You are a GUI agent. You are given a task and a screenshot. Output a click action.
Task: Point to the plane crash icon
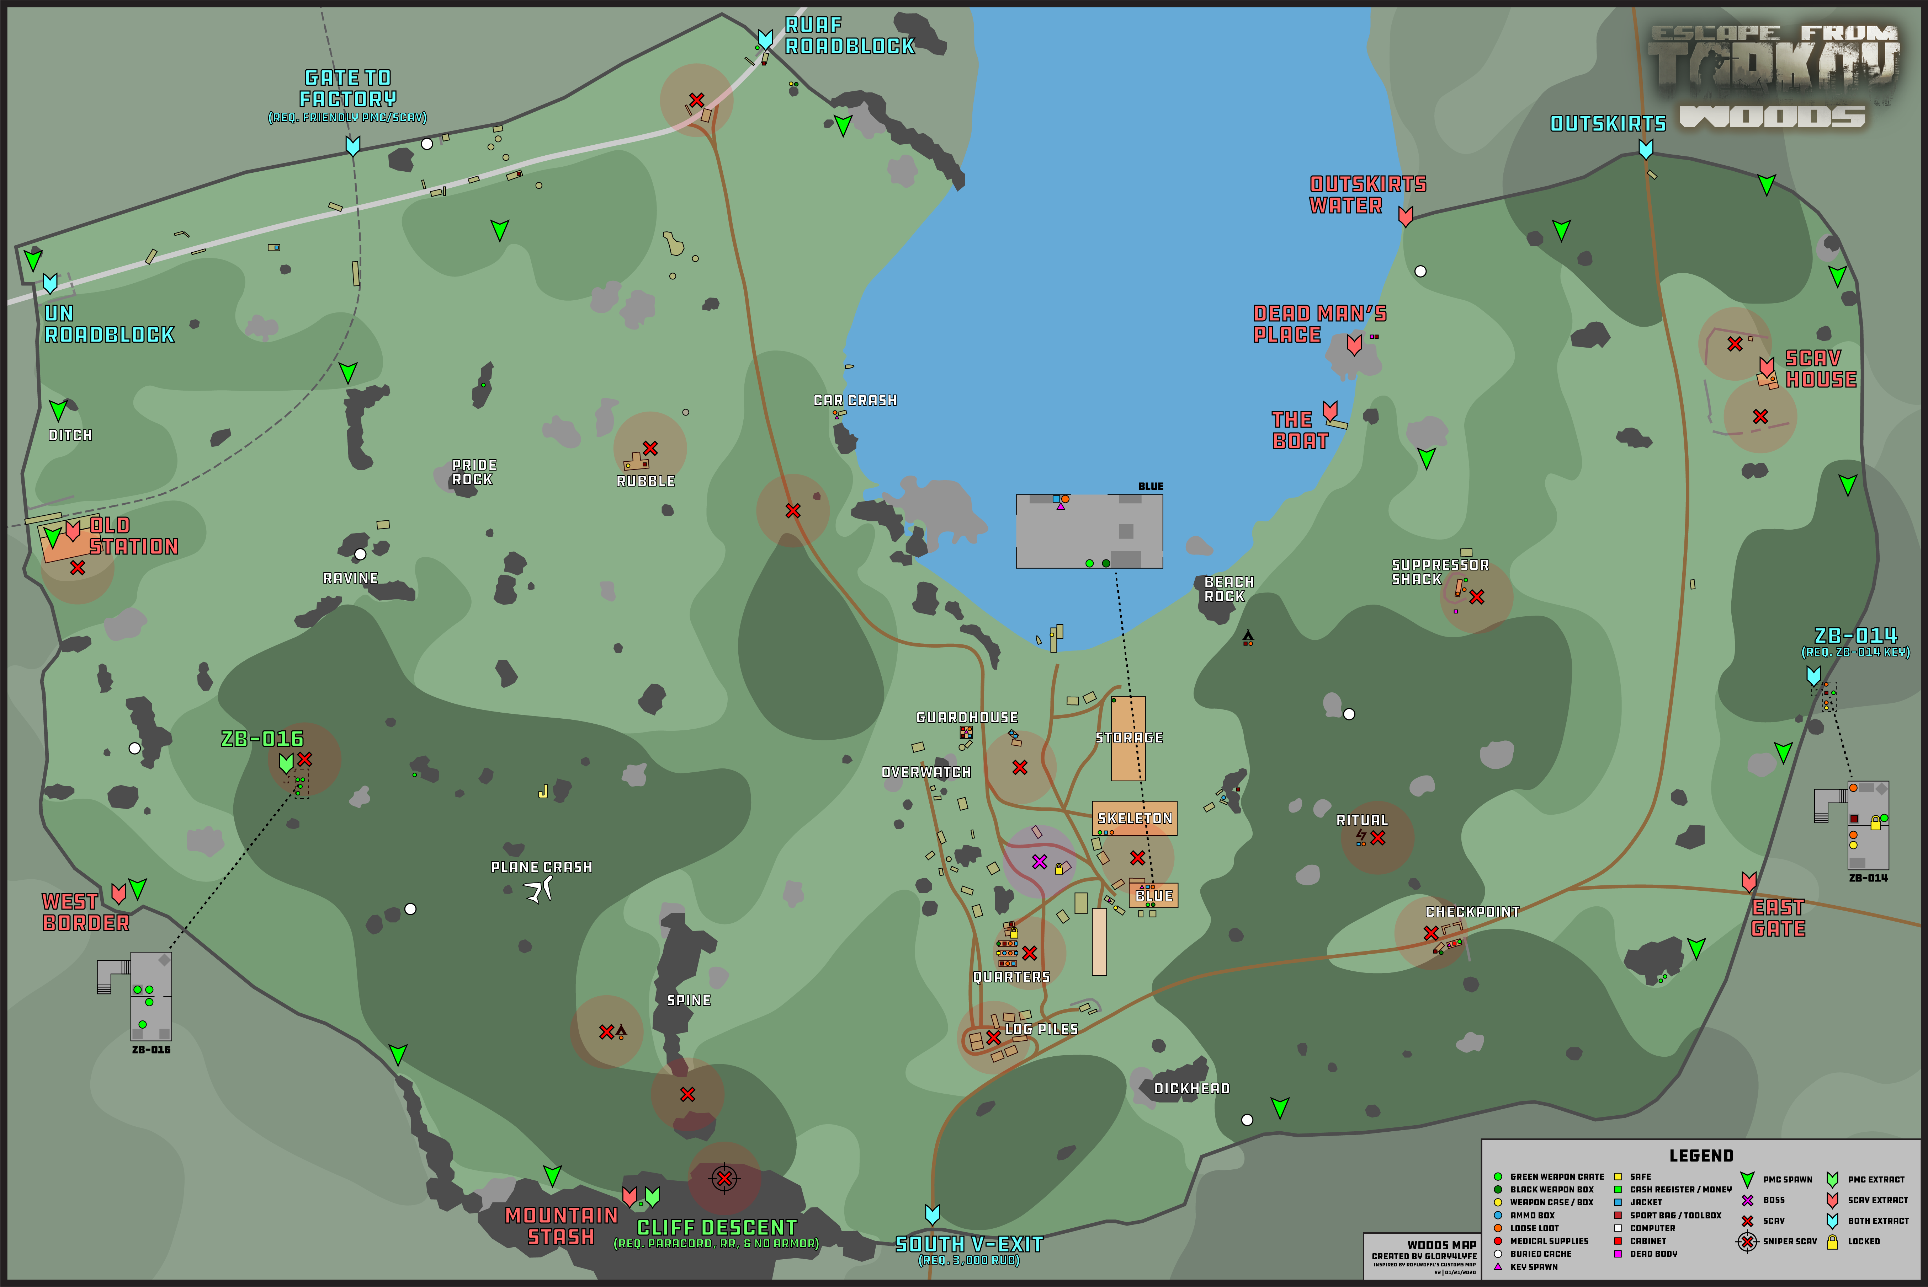pos(540,889)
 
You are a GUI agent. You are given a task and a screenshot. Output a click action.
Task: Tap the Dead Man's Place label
pos(1319,324)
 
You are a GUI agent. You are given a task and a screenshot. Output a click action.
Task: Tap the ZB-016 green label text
pos(262,739)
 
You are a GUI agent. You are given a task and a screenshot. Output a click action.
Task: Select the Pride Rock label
pos(474,472)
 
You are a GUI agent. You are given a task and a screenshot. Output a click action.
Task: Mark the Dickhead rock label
pos(1191,1088)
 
